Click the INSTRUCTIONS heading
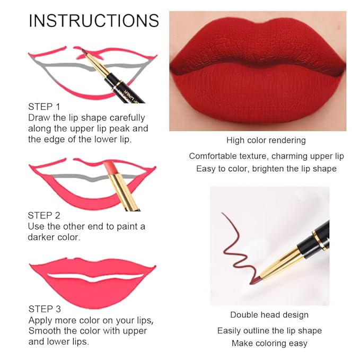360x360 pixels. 94,21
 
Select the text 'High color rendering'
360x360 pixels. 266,141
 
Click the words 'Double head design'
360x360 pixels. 269,315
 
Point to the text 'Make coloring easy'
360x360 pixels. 269,343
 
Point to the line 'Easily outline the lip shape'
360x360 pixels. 269,330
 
